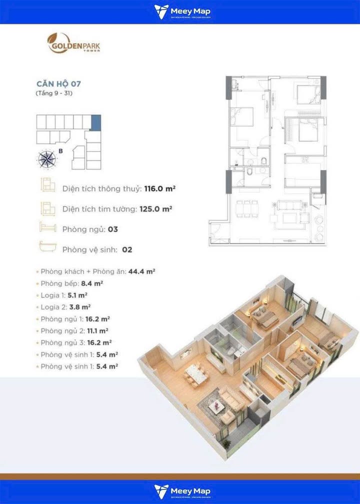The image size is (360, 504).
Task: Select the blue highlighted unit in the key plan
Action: click(96, 122)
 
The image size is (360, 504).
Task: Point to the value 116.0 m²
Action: click(159, 189)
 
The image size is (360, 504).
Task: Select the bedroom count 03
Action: click(112, 229)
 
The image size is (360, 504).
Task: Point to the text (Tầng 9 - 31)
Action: click(54, 93)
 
